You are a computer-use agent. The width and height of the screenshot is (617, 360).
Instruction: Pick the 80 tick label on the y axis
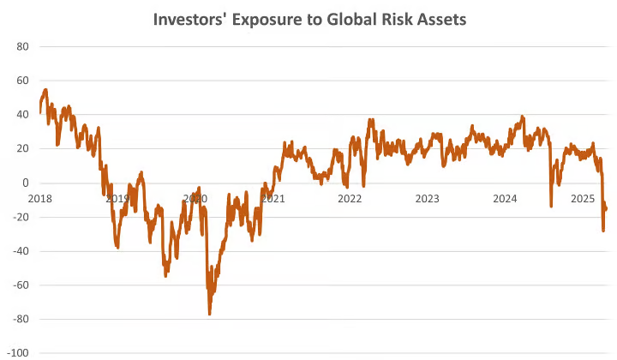[22, 46]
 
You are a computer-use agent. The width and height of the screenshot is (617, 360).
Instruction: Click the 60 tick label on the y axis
[22, 81]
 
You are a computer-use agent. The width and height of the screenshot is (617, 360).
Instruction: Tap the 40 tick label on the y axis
[22, 115]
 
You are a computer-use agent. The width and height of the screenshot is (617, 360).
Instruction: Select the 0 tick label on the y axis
[26, 183]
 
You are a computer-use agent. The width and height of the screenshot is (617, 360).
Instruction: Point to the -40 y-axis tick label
[21, 251]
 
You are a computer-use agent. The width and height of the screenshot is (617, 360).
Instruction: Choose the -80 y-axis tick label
[21, 319]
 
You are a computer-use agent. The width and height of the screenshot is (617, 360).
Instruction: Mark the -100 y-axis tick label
[18, 352]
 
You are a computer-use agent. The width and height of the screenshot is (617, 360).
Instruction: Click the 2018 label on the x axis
[40, 198]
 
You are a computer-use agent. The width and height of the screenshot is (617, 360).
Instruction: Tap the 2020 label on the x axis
[195, 198]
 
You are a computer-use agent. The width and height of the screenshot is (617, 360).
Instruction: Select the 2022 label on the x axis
[350, 198]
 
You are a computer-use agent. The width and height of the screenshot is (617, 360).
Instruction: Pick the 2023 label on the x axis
[427, 198]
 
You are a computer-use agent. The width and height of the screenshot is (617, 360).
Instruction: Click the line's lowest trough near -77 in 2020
[210, 314]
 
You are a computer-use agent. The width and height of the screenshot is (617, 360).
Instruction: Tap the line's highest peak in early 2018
[45, 89]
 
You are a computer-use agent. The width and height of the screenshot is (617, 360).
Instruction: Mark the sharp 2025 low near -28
[603, 231]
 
